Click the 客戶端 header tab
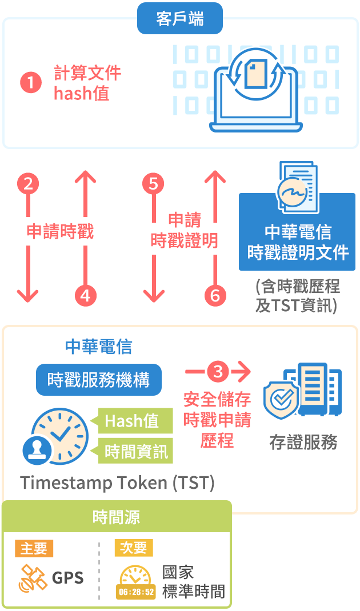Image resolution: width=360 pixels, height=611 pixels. tap(180, 19)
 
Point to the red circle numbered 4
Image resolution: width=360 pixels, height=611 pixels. tap(85, 295)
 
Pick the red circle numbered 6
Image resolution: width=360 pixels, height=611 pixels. tap(215, 295)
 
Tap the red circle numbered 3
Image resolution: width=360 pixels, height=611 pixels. tap(218, 371)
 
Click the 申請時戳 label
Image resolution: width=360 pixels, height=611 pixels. tap(59, 231)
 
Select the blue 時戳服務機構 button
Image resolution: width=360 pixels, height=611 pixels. tap(99, 380)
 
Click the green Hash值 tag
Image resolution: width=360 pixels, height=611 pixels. tap(135, 421)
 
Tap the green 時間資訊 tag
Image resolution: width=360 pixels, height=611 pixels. tap(135, 452)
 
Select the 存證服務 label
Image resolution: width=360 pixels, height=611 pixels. tap(303, 443)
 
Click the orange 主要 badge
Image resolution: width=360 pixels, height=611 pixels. tap(34, 548)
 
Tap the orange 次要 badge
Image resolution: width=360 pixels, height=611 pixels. tap(134, 548)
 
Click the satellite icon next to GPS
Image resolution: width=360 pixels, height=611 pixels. tap(33, 578)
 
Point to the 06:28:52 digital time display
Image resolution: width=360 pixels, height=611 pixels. tap(136, 592)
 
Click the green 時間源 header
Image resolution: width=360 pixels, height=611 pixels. tap(116, 517)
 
